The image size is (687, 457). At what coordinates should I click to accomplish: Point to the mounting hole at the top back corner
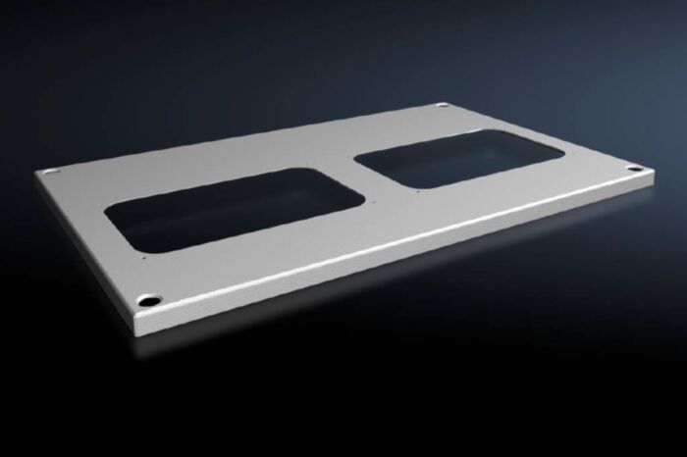[x=443, y=106]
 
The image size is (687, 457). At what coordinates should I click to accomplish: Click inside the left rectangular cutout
[x=235, y=208]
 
